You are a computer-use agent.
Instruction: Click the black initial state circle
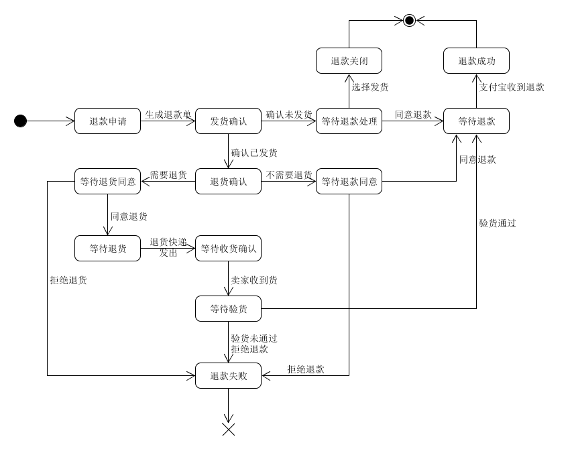[x=20, y=121]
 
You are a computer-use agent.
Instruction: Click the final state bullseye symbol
[x=409, y=21]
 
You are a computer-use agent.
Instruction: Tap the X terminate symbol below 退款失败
[x=228, y=430]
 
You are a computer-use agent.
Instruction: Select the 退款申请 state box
[x=108, y=121]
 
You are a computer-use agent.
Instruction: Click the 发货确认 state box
[x=228, y=121]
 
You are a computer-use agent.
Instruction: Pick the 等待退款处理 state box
[x=349, y=121]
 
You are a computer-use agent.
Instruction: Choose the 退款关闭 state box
[x=349, y=61]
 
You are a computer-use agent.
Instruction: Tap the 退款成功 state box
[x=476, y=61]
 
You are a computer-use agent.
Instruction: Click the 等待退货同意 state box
[x=108, y=181]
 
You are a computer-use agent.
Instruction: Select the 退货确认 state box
[x=228, y=181]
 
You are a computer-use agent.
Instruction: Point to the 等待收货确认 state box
[x=228, y=248]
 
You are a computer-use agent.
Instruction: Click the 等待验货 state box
[x=228, y=308]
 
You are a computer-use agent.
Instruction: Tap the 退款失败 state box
[x=228, y=375]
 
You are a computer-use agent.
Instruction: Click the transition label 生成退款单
[x=168, y=115]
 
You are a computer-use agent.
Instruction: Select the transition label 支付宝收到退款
[x=511, y=87]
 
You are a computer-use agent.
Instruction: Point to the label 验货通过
[x=498, y=223]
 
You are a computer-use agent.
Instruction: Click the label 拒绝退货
[x=68, y=280]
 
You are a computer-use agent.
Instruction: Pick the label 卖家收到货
[x=254, y=280]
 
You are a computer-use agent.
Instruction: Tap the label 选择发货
[x=370, y=87]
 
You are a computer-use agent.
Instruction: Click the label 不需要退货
[x=289, y=175]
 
